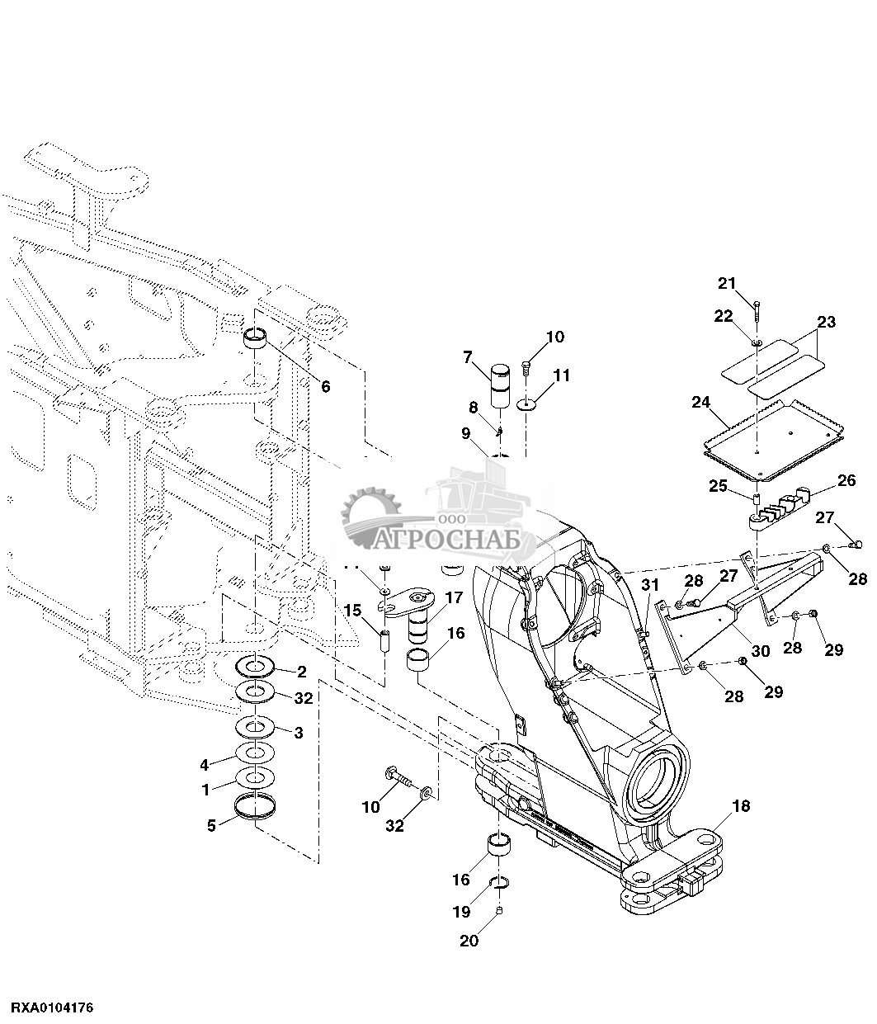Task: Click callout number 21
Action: pyautogui.click(x=728, y=284)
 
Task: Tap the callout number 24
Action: pyautogui.click(x=701, y=403)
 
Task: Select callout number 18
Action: pyautogui.click(x=741, y=806)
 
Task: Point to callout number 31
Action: pyautogui.click(x=650, y=585)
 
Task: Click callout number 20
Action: pyautogui.click(x=469, y=941)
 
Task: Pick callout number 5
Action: pyautogui.click(x=211, y=826)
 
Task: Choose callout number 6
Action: pyautogui.click(x=326, y=386)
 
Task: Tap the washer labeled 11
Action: pyautogui.click(x=526, y=405)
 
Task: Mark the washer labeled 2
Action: pyautogui.click(x=255, y=665)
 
